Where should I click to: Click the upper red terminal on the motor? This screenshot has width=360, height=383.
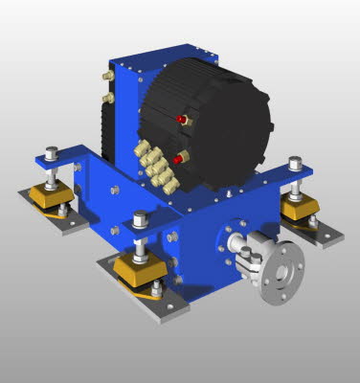click(181, 120)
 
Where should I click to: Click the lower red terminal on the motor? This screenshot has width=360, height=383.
click(179, 158)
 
